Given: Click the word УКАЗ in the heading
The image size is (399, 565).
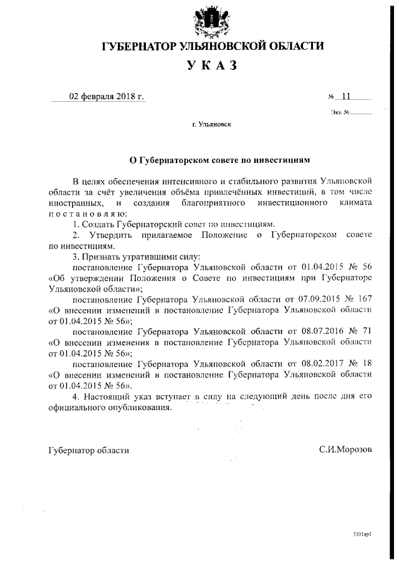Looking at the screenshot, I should click(x=212, y=67).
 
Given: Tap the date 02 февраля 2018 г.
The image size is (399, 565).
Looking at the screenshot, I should click(x=106, y=97).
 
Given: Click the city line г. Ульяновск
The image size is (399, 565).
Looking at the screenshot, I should click(x=212, y=125).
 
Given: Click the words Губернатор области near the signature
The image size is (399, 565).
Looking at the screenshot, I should click(x=89, y=450).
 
